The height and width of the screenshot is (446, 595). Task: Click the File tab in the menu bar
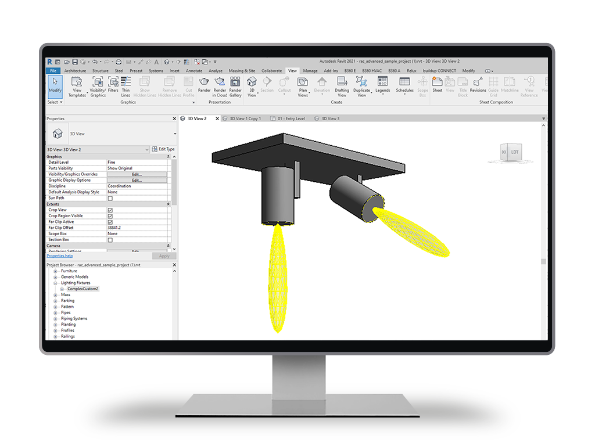(x=53, y=71)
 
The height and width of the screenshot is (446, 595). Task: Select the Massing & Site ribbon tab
(x=242, y=71)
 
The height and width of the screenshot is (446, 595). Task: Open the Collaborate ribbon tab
(x=271, y=71)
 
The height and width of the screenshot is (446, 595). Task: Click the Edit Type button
(x=163, y=149)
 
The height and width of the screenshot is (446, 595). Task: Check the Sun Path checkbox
(x=110, y=198)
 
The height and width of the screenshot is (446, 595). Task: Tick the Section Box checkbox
(x=110, y=240)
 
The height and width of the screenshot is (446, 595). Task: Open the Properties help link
(x=60, y=256)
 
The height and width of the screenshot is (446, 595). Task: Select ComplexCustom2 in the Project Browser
(x=83, y=289)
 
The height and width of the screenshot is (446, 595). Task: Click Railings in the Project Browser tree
(x=68, y=336)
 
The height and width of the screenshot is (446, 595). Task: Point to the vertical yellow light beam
(x=278, y=279)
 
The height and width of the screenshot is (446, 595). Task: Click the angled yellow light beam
(x=413, y=232)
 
